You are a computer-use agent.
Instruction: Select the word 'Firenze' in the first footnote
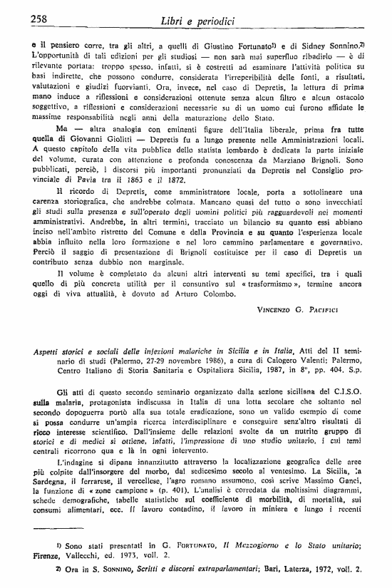pyautogui.click(x=50, y=557)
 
